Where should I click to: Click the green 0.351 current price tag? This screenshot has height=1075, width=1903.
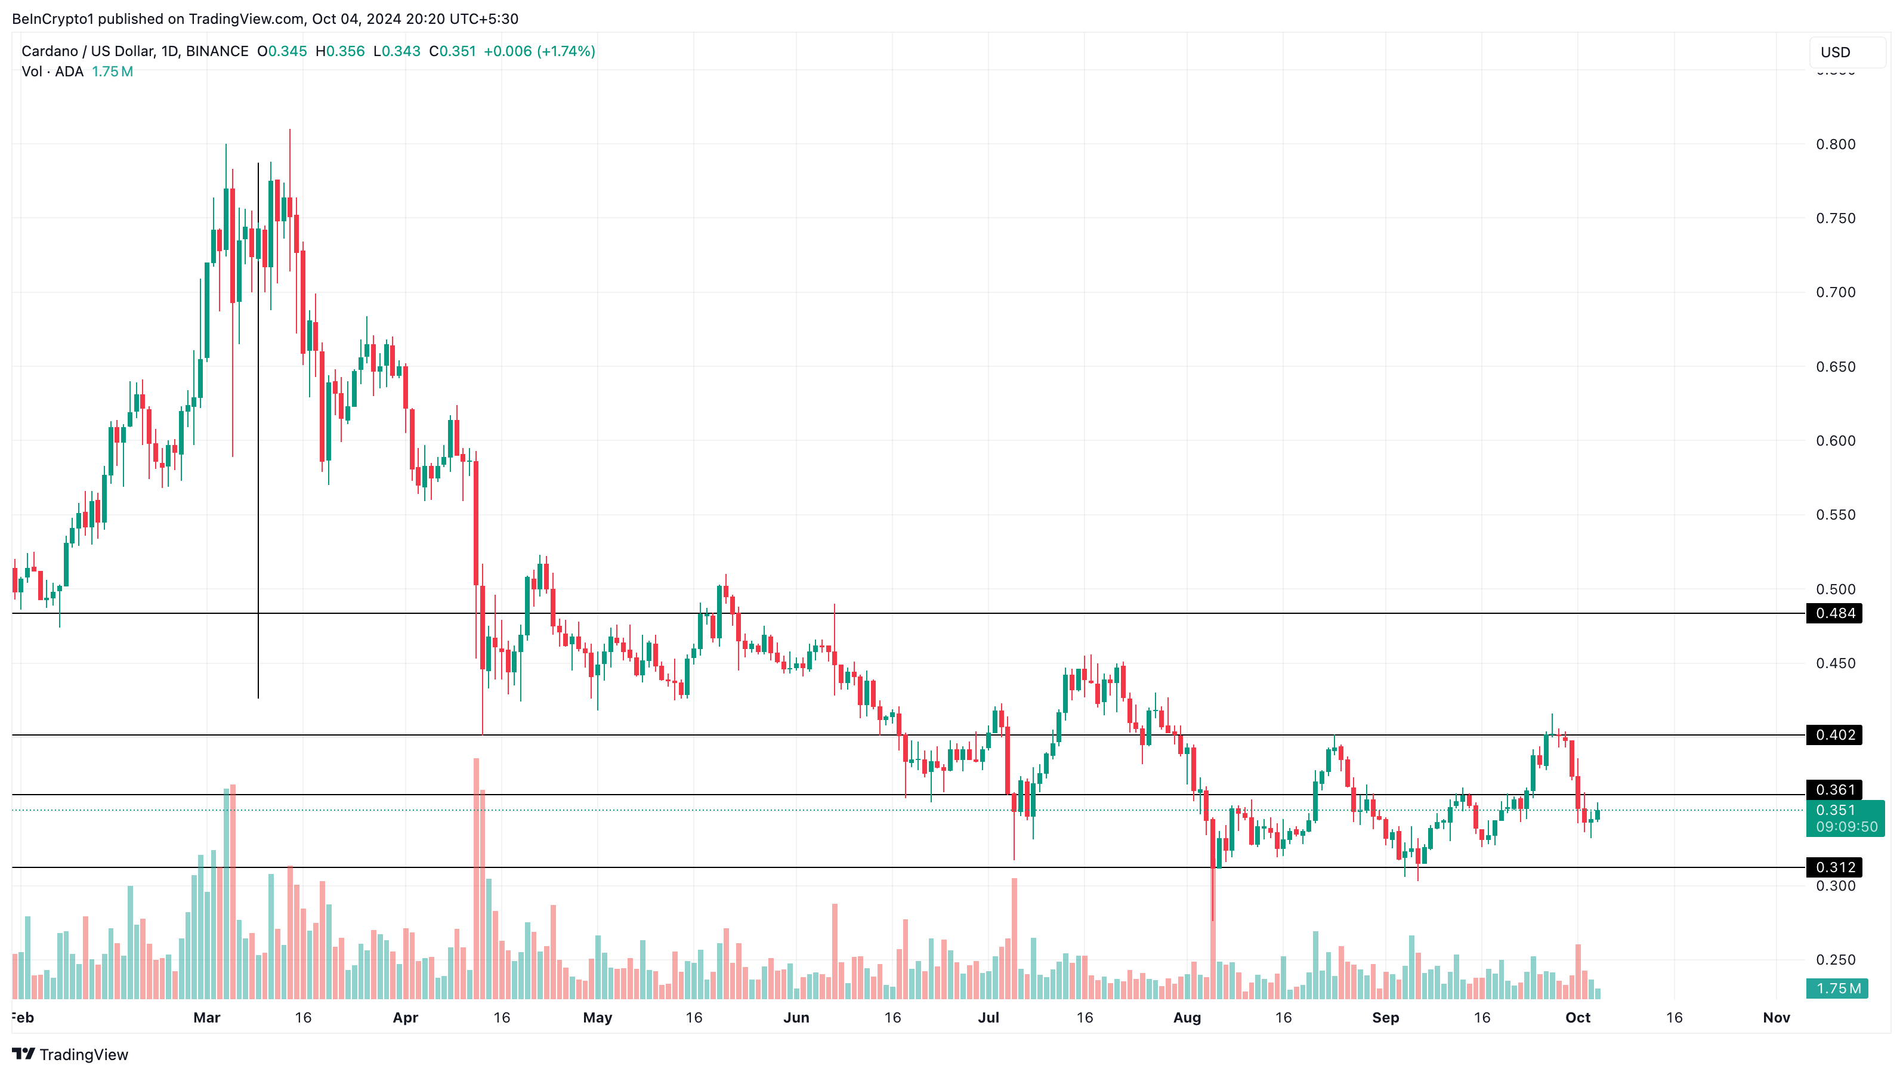point(1845,818)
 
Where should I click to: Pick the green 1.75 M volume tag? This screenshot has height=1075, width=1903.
point(1837,988)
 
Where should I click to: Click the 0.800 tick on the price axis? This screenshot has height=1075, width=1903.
point(1835,144)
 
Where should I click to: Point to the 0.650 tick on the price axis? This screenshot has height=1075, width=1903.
point(1835,366)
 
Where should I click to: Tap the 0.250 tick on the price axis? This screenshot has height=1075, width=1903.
point(1835,960)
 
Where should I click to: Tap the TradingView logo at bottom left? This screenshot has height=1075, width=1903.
point(70,1054)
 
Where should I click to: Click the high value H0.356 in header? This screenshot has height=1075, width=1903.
point(340,51)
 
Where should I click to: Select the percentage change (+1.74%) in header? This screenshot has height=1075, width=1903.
point(566,51)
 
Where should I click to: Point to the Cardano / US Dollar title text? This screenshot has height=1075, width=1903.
point(87,51)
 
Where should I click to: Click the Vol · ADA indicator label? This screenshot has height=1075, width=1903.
point(52,72)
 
